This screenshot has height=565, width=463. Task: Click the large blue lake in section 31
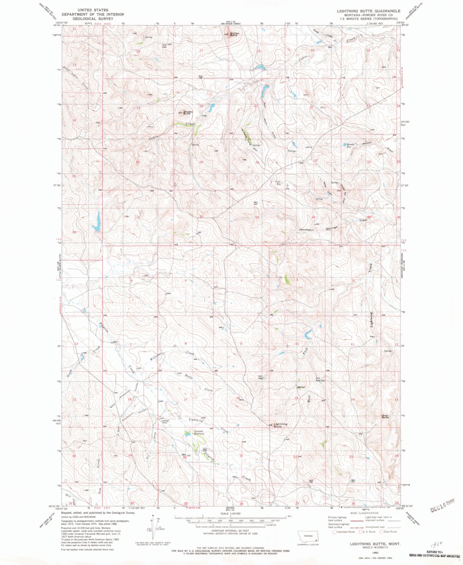coord(96,221)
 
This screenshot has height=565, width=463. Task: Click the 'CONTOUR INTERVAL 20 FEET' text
coord(231,530)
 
